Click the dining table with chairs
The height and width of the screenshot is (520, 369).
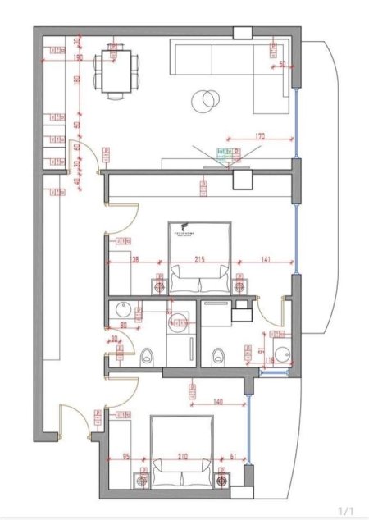pos(115,71)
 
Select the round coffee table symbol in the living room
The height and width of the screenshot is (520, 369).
pos(204,101)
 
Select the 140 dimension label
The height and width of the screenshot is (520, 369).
pos(218,402)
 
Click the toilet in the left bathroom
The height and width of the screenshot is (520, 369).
pos(147,356)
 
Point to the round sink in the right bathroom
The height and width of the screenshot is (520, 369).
pos(281,354)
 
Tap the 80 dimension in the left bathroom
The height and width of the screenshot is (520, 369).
pos(124,324)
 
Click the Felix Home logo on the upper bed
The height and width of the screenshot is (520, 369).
pos(181,230)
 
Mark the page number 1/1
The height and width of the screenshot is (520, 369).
pos(346,510)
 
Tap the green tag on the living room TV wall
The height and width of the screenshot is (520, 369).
pos(220,153)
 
